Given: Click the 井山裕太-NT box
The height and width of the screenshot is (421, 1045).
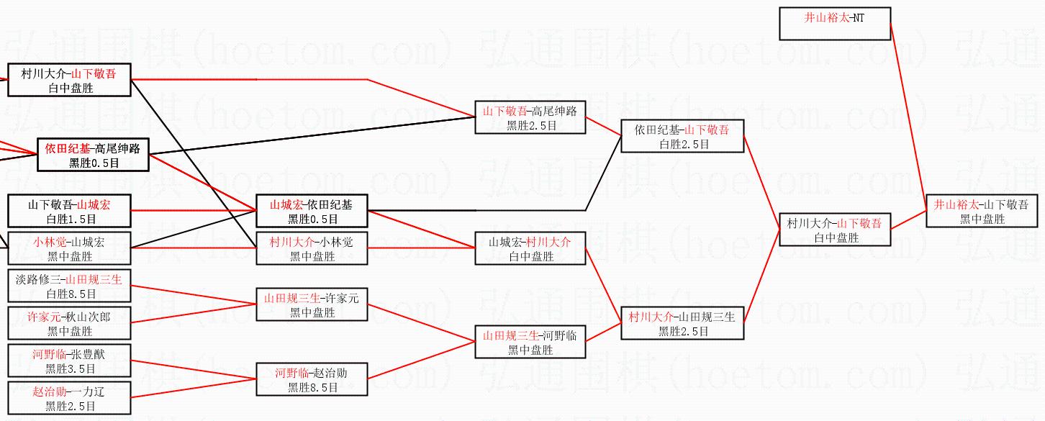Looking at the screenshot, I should click(835, 24).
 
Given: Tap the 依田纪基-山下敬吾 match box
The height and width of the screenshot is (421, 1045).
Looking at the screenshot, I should click(682, 136).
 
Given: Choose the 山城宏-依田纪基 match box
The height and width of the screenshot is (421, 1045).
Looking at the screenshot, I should click(312, 211).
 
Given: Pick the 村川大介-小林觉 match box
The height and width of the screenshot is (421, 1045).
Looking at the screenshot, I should click(312, 248).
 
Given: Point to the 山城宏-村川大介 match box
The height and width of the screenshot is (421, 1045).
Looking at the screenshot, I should click(530, 248).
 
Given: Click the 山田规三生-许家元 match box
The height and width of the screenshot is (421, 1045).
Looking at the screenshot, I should click(312, 304).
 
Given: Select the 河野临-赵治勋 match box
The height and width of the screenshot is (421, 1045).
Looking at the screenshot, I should click(312, 379).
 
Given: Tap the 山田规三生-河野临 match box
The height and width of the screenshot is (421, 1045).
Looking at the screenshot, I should click(530, 342).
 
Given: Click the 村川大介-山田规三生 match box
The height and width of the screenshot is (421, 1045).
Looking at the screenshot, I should click(682, 323).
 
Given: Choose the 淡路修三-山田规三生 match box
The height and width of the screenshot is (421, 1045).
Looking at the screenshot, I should click(69, 286).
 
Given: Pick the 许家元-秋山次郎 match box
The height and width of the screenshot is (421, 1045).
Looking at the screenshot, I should click(69, 323).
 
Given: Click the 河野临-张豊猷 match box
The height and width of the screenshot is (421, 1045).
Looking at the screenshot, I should click(69, 361).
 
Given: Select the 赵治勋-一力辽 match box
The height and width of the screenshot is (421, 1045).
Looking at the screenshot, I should click(69, 398).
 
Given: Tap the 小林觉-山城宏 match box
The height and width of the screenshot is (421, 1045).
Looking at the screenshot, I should click(69, 248).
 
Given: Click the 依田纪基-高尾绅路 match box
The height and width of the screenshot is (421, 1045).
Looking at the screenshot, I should click(93, 155).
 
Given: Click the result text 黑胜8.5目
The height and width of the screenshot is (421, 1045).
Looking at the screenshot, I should click(312, 387).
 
